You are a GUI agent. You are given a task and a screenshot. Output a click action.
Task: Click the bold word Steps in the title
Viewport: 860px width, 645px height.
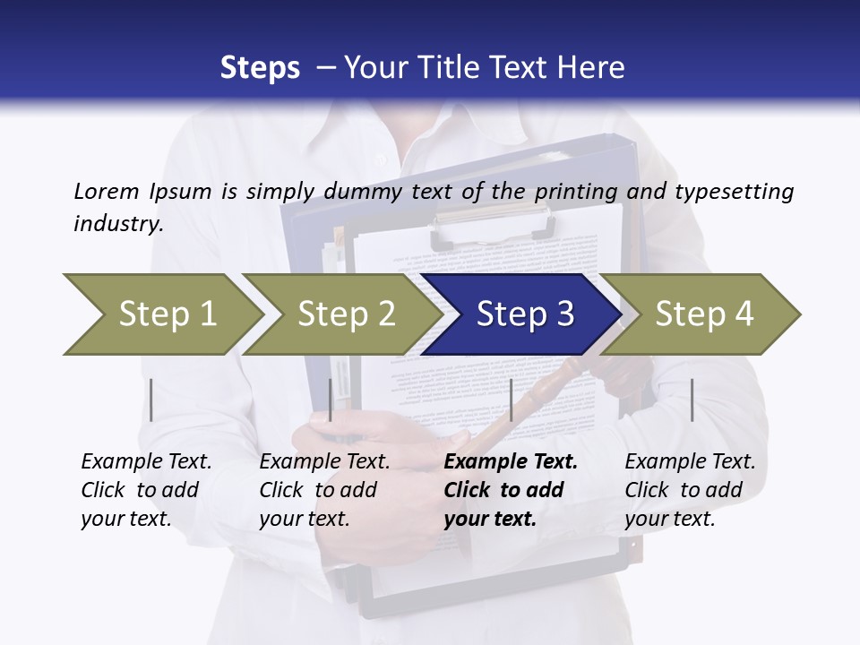[260, 68]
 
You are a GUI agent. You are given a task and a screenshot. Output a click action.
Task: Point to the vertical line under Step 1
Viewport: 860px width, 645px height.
[151, 400]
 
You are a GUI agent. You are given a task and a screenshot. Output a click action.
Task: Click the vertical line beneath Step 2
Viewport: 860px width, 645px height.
[331, 400]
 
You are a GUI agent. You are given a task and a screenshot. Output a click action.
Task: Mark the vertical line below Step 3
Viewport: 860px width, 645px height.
[512, 400]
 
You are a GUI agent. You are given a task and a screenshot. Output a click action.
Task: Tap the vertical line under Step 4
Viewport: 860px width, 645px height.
[692, 400]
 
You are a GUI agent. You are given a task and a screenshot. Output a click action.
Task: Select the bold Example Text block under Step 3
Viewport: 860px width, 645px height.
[510, 490]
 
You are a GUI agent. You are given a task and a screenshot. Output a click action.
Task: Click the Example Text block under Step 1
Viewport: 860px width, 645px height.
[146, 490]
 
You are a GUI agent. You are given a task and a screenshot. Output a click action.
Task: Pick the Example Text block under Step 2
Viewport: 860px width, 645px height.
[324, 490]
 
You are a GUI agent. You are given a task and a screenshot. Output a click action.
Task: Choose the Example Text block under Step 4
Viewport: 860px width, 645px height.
[690, 490]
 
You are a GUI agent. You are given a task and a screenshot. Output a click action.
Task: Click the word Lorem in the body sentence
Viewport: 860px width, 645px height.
[106, 191]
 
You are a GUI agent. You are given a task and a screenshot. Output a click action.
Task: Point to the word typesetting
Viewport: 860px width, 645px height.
[736, 193]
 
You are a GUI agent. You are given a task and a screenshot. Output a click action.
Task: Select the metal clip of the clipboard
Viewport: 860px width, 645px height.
[490, 223]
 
